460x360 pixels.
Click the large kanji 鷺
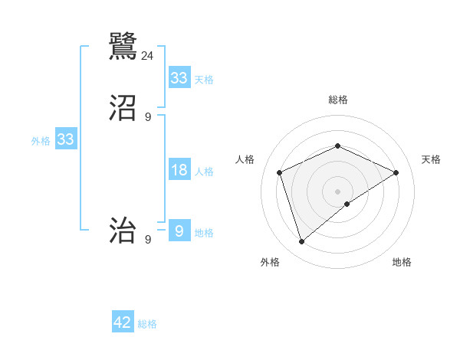coord(123,44)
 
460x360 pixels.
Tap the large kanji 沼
coord(123,109)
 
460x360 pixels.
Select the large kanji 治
coord(123,230)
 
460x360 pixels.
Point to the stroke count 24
coord(148,55)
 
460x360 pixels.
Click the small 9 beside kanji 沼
coord(148,117)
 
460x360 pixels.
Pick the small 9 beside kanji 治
coord(148,240)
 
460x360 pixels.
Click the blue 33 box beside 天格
coord(179,78)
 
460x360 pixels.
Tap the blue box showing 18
coord(179,170)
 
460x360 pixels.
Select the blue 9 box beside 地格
coord(179,231)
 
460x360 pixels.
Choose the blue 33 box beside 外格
coord(66,140)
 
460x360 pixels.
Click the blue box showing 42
coord(123,322)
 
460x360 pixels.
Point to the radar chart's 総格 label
coord(337,100)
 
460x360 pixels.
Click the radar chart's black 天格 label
coord(431,159)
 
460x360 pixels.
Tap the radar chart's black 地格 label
coord(402,262)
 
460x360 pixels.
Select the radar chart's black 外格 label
coord(270,262)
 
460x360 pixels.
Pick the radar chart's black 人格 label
coord(245,159)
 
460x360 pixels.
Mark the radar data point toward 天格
coord(396,172)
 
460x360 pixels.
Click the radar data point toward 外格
coord(302,242)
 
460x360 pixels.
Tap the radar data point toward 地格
coord(347,204)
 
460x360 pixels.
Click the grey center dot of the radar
coord(337,191)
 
